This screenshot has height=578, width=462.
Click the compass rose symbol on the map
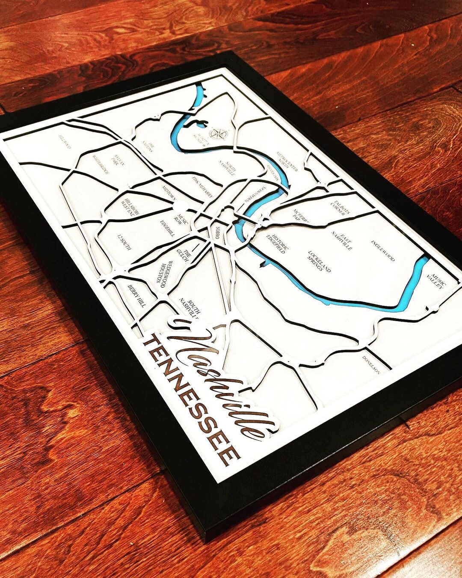click(219, 134)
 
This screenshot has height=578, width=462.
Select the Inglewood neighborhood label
click(382, 251)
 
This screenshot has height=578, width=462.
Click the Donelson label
click(371, 364)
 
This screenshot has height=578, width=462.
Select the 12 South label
click(124, 242)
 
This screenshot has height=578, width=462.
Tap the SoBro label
click(218, 232)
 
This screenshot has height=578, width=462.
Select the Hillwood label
click(65, 142)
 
